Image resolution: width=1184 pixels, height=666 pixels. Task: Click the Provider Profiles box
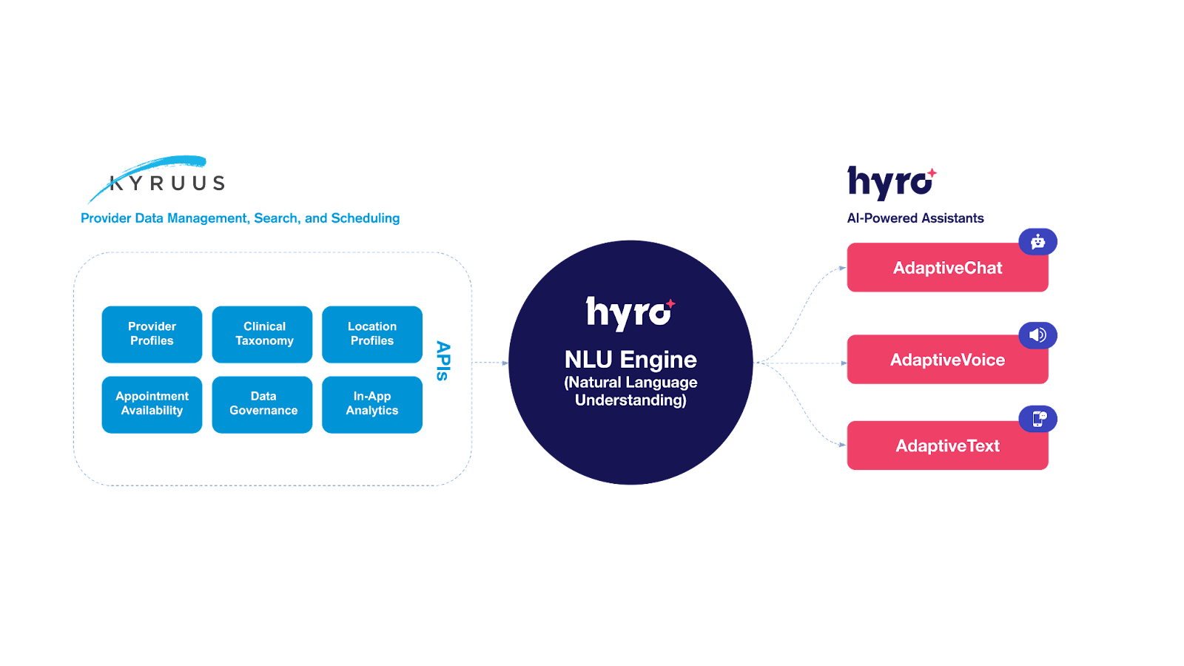[152, 334]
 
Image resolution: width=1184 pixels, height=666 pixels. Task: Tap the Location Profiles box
[372, 334]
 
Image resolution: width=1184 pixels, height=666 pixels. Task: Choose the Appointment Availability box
[152, 404]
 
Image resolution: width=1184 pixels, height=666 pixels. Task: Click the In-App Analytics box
[372, 404]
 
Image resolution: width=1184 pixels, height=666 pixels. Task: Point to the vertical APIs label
[443, 360]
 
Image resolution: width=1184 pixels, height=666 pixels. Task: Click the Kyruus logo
[159, 179]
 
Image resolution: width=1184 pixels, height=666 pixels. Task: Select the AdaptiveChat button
[947, 268]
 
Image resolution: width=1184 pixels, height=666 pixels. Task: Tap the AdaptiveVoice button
[947, 360]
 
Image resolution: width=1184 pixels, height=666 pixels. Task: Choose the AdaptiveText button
[947, 446]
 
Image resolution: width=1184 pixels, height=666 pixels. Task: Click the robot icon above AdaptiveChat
[1037, 241]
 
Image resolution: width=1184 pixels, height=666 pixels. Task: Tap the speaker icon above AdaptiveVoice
[1037, 335]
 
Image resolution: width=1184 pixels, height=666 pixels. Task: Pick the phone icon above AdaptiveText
[1038, 419]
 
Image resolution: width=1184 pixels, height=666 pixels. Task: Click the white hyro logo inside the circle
[630, 312]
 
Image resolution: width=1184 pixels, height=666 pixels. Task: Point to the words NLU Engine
[630, 360]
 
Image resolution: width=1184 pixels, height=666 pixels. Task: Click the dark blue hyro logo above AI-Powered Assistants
[891, 182]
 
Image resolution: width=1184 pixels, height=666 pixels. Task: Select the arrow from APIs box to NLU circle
[490, 363]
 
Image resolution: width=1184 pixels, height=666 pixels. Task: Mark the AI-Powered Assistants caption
[915, 218]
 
